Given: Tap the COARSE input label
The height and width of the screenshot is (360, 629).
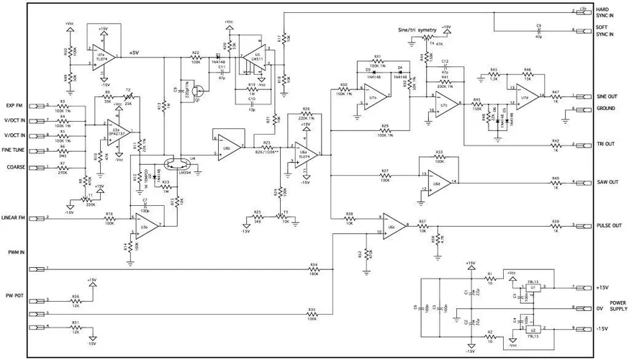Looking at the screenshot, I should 16,166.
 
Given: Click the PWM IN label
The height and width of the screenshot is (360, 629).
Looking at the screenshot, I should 15,252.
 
